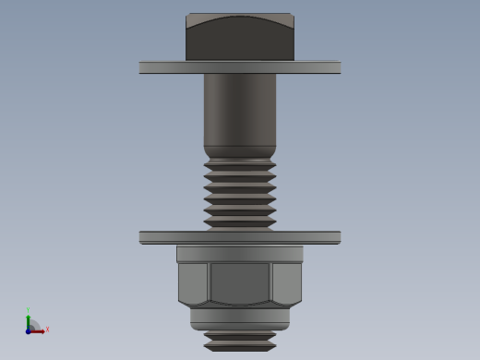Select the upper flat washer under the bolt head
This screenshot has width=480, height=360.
tap(240, 67)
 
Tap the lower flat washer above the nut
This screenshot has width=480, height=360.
tap(240, 237)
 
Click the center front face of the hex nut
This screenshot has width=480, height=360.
tap(240, 282)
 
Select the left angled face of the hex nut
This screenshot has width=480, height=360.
tap(193, 282)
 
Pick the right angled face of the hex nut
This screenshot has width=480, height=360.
tap(287, 282)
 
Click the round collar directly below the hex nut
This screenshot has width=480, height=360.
tap(240, 317)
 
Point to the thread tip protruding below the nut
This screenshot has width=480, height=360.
tap(240, 341)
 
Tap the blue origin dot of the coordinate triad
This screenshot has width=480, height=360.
tap(29, 330)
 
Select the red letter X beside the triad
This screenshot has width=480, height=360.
tap(47, 330)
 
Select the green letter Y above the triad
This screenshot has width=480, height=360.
tap(29, 311)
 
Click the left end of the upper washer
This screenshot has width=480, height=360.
tap(144, 67)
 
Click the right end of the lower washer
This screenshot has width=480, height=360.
tap(336, 237)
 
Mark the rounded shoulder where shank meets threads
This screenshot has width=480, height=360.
tap(240, 151)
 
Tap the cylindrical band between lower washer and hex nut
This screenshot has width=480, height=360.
tap(240, 254)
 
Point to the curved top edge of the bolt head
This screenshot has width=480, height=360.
tap(240, 18)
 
